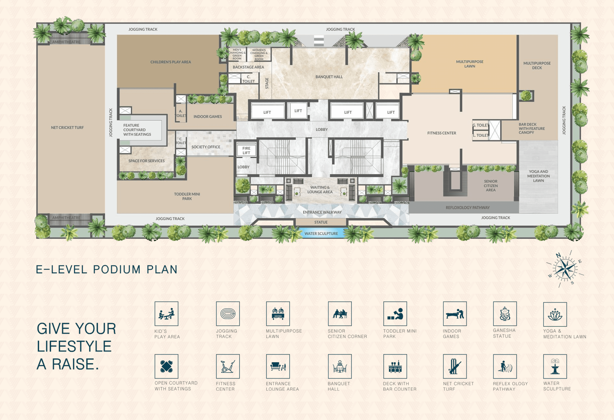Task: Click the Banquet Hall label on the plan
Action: [x=329, y=77]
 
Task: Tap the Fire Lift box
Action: [x=246, y=150]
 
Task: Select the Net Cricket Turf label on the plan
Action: [x=67, y=128]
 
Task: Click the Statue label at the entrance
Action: [x=321, y=222]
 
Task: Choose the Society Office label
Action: [x=206, y=147]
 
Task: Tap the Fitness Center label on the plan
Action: [x=442, y=133]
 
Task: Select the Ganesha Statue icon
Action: [x=505, y=314]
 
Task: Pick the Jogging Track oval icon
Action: [x=228, y=314]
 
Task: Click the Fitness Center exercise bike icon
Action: [x=228, y=366]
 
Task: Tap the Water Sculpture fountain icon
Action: [x=555, y=366]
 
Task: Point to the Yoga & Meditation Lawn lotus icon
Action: [x=555, y=314]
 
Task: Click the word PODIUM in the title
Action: [x=117, y=269]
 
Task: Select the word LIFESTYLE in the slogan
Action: [x=74, y=346]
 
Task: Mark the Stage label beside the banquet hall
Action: [x=267, y=83]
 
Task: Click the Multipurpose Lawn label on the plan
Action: [x=470, y=64]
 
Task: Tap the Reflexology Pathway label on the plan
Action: [x=468, y=208]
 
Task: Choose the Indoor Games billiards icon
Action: [x=455, y=314]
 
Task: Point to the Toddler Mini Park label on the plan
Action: [x=187, y=196]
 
